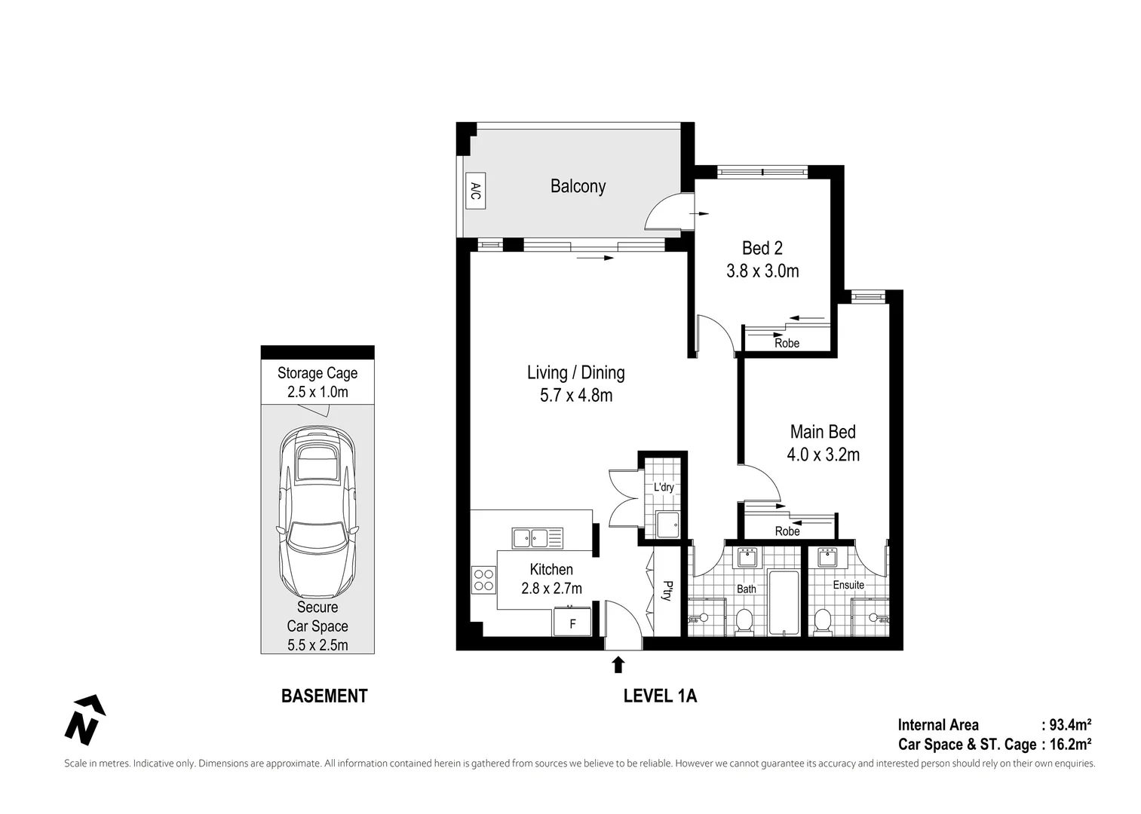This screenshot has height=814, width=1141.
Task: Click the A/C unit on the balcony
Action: [x=475, y=191]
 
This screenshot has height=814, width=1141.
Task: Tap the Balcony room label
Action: [x=578, y=186]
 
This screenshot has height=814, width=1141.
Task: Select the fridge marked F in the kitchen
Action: [x=572, y=622]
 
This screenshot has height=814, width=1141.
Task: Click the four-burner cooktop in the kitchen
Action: [x=483, y=580]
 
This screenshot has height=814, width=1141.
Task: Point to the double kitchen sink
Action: [x=538, y=538]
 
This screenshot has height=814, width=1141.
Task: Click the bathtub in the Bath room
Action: [x=784, y=602]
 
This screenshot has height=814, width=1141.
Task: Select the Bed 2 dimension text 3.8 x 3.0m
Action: [x=762, y=271]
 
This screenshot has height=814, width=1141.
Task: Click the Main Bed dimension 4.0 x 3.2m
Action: [x=823, y=454]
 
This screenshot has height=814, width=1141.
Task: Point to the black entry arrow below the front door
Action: [x=618, y=664]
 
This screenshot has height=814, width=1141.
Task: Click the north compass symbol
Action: [x=85, y=720]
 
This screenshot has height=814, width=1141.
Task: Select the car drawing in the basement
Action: [x=317, y=512]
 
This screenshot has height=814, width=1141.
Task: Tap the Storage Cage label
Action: [x=317, y=373]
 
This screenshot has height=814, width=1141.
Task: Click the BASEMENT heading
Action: [x=324, y=696]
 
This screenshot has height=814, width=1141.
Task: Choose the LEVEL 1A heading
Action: [x=660, y=696]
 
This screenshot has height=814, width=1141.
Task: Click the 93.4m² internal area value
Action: [x=1070, y=724]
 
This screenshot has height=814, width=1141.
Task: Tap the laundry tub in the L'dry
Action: [x=668, y=525]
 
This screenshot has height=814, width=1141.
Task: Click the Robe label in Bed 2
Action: [x=787, y=343]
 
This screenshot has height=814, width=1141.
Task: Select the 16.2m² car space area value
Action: [x=1070, y=744]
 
